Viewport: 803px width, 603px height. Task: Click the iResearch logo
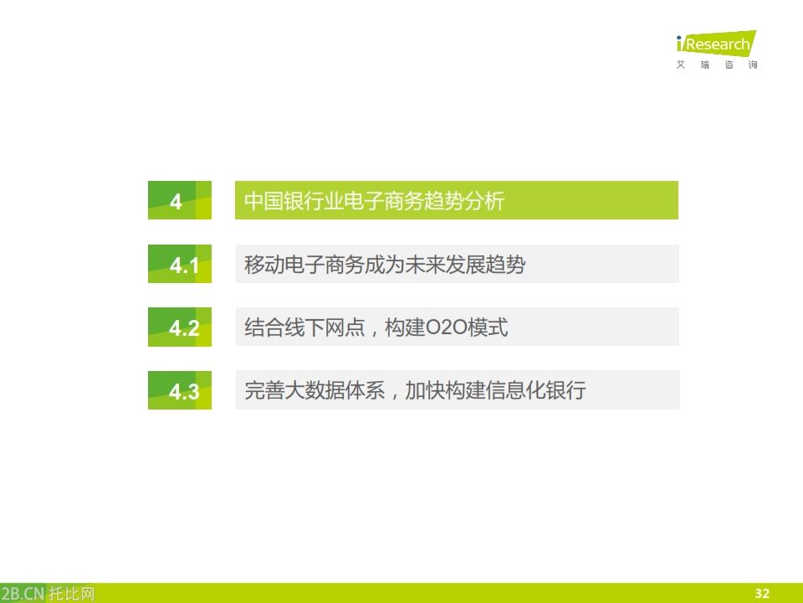pyautogui.click(x=715, y=44)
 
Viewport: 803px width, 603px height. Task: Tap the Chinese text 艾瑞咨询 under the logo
pyautogui.click(x=717, y=65)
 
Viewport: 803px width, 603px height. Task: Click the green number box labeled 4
pyautogui.click(x=179, y=201)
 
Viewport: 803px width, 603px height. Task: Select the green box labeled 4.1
pyautogui.click(x=179, y=265)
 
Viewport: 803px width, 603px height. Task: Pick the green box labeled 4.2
pyautogui.click(x=179, y=327)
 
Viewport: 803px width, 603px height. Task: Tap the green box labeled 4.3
pyautogui.click(x=179, y=391)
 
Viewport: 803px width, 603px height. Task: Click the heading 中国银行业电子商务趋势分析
pyautogui.click(x=374, y=201)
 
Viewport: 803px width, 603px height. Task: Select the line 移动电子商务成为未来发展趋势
pyautogui.click(x=385, y=265)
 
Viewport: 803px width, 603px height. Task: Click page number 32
pyautogui.click(x=762, y=593)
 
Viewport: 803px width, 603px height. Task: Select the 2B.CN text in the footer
pyautogui.click(x=22, y=594)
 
